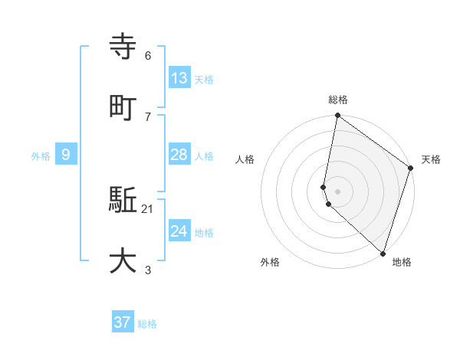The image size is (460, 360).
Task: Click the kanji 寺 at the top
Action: tap(123, 47)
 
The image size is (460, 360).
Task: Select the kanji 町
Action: tap(123, 107)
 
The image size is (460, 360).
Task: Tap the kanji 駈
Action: tap(123, 201)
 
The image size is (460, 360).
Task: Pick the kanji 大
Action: tap(123, 261)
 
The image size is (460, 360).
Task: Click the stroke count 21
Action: tap(148, 209)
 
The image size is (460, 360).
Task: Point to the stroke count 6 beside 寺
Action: tap(148, 56)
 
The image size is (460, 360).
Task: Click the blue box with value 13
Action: tap(179, 77)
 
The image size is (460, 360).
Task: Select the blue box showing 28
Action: tap(179, 155)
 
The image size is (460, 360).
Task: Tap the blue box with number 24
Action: tap(179, 231)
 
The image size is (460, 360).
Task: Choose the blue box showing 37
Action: tap(123, 322)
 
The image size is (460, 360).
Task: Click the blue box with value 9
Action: tap(66, 155)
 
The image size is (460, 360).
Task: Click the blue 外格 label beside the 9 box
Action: tap(41, 155)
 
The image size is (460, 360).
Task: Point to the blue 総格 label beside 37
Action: tap(147, 324)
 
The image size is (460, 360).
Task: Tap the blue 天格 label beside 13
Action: tap(204, 79)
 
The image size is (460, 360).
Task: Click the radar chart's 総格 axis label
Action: tap(338, 100)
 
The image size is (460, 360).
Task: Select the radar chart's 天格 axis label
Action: tap(431, 159)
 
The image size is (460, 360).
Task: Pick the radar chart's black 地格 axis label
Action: tap(402, 262)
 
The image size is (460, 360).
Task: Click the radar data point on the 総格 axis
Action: tap(337, 116)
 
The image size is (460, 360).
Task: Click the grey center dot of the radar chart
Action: tap(337, 191)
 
